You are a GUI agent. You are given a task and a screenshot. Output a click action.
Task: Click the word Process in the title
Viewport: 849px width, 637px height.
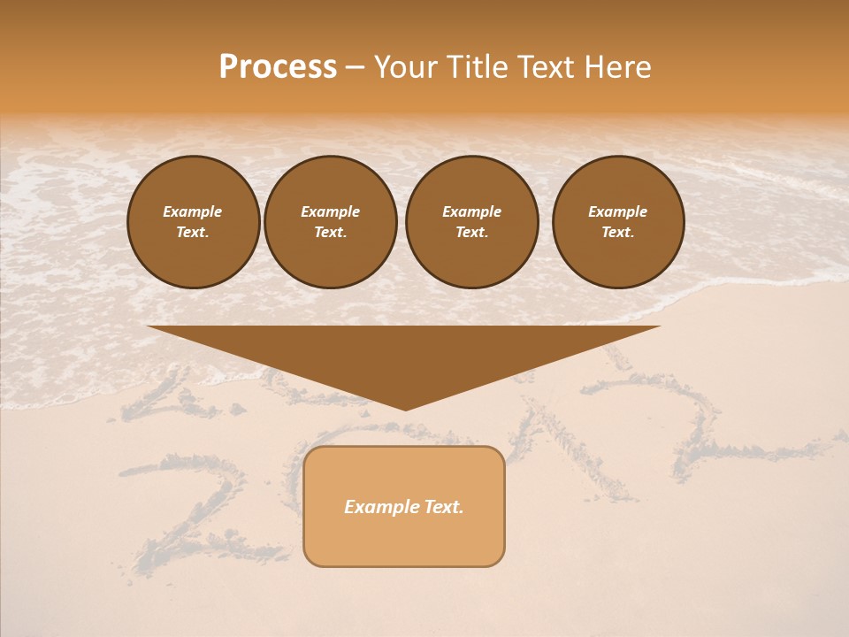click(x=278, y=67)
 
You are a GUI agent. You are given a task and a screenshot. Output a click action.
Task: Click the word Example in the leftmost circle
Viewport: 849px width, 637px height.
click(x=193, y=211)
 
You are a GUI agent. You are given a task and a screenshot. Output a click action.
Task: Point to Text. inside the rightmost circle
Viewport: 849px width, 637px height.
click(x=617, y=233)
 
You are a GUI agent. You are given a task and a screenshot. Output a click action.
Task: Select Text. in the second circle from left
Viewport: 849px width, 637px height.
click(x=330, y=233)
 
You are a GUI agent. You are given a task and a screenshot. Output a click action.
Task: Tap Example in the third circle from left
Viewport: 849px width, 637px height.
click(x=471, y=211)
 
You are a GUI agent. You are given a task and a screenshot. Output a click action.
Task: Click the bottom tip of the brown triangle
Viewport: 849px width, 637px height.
click(x=405, y=408)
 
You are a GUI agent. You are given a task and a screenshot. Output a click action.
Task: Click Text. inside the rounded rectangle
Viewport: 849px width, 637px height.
click(x=443, y=507)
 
